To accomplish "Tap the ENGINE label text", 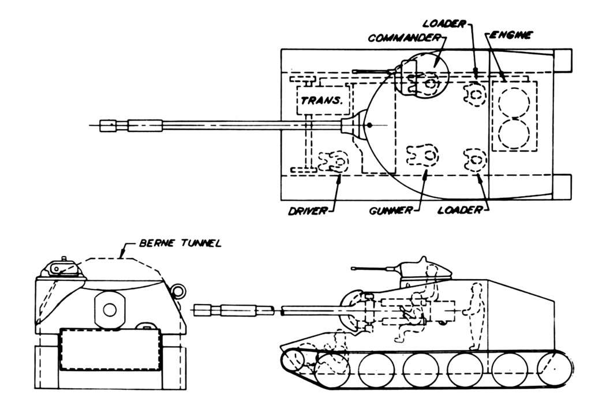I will tap(511, 35).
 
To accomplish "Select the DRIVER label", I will tap(307, 211).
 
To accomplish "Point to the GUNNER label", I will tap(391, 211).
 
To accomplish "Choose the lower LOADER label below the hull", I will tap(459, 211).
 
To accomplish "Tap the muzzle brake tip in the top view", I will tap(106, 125).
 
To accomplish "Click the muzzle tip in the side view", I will tap(203, 311).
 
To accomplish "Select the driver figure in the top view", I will tap(331, 162).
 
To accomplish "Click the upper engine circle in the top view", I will tap(513, 103).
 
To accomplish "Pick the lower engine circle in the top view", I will tap(513, 132).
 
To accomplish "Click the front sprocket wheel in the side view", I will tap(293, 361).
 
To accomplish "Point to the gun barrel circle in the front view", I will tap(109, 310).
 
